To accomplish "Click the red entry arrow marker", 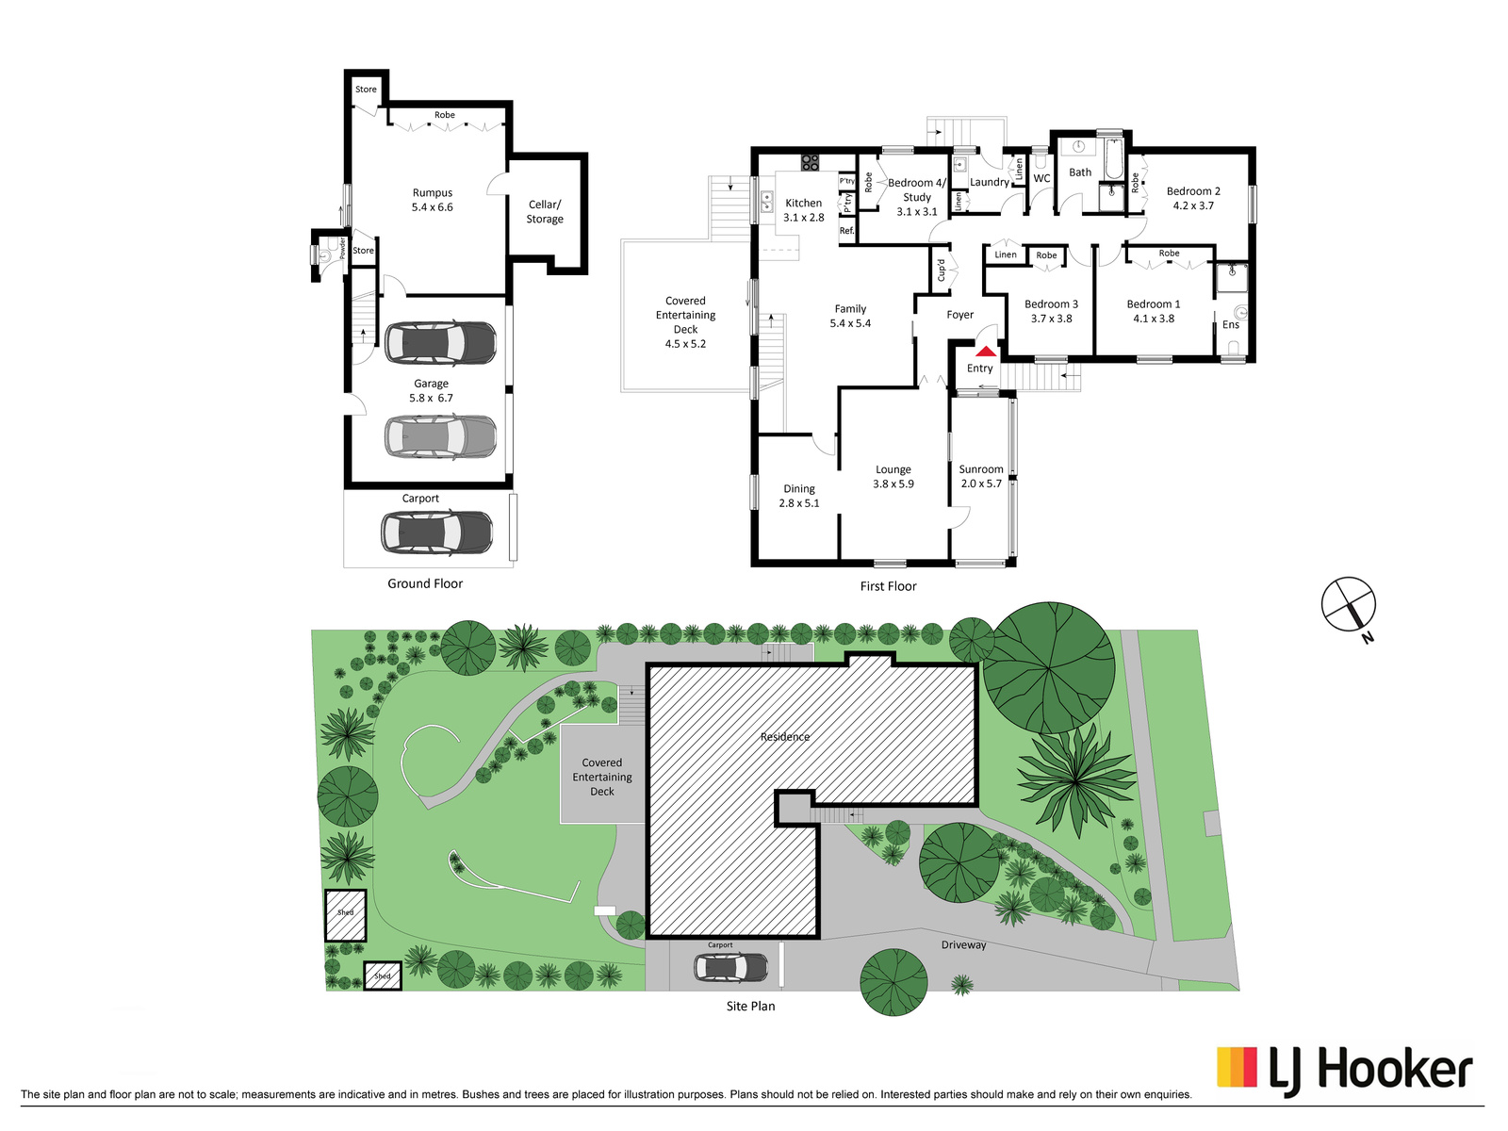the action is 986,352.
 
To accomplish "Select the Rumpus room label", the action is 432,200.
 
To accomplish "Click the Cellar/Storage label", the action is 545,211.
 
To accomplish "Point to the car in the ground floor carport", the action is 437,533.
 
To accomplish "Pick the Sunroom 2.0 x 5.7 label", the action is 981,477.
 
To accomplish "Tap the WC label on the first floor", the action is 1042,178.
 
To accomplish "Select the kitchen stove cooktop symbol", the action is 810,163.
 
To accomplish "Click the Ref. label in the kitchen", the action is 847,231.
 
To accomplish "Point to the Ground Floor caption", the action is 425,583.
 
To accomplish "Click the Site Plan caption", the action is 750,1006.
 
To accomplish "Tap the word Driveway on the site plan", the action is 963,945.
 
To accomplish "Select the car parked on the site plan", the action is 731,968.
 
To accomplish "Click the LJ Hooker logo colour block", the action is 1237,1067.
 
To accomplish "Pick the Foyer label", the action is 959,315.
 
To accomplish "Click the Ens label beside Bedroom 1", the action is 1231,325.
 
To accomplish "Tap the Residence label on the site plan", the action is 784,737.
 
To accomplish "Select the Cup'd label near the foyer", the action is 942,270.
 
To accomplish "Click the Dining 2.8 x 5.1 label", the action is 799,496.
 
